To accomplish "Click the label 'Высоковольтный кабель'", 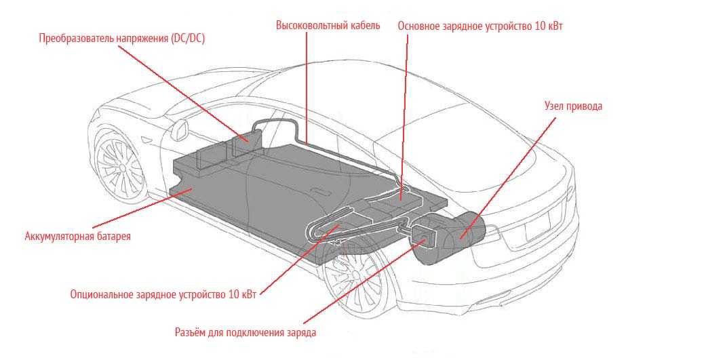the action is [x=328, y=25].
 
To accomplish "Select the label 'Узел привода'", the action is [x=573, y=106].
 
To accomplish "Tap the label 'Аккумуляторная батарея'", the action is [x=77, y=237].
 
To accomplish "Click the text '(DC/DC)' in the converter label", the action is [x=186, y=39].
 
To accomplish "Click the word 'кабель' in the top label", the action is [x=364, y=25].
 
